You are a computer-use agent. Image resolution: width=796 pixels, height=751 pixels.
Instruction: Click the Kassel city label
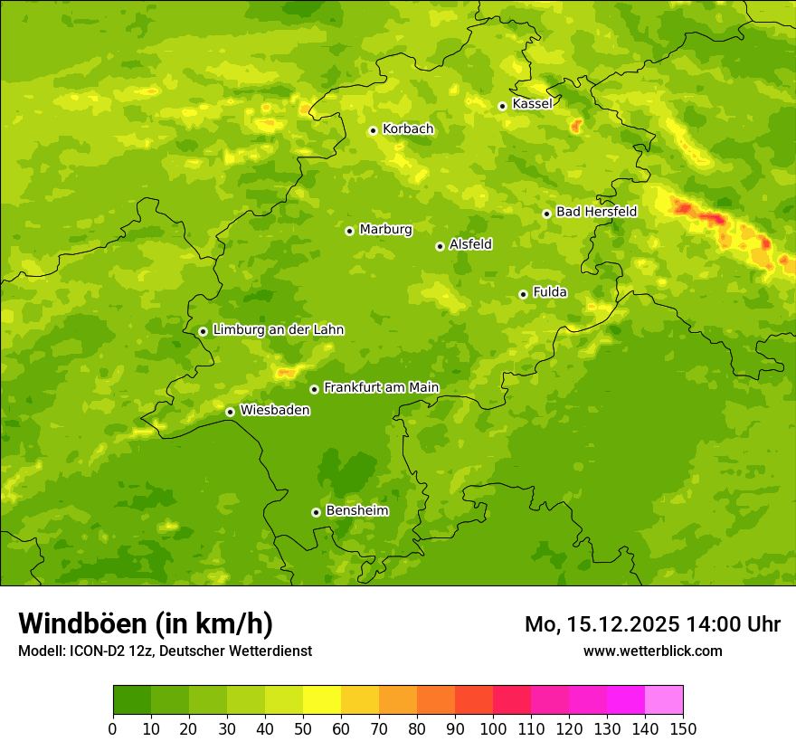pos(532,104)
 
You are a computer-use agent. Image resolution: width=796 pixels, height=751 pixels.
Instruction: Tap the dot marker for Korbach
pos(373,130)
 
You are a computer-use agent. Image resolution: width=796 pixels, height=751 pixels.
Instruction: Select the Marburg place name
pos(385,230)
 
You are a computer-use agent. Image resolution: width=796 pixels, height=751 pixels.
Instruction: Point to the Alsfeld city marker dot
pos(440,246)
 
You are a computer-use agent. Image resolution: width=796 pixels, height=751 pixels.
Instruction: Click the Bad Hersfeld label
pos(596,213)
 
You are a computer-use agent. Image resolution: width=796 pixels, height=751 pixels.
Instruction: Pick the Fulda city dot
pos(523,294)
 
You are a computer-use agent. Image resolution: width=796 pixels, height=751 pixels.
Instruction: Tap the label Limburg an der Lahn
pos(278,330)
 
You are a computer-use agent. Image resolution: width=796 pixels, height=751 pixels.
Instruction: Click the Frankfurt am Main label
pos(381,388)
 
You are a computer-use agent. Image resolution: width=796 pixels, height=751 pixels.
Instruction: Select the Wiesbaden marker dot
pos(230,412)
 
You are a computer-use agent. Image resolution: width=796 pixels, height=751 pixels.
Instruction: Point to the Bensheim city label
pos(356,511)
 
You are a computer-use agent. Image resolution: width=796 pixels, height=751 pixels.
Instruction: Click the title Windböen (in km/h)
pos(146,624)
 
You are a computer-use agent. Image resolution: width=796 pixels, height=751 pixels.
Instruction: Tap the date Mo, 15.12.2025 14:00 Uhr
pos(652,624)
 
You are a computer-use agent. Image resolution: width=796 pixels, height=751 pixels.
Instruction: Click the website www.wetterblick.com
pos(652,651)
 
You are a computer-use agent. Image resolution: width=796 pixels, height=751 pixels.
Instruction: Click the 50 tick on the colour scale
pos(303,728)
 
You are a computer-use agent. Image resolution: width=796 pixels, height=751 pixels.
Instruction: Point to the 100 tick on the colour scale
pos(493,728)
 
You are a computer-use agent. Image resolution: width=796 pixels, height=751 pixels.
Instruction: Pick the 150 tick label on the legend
pos(683,728)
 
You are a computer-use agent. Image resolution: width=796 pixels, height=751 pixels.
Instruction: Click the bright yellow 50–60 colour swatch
pos(322,699)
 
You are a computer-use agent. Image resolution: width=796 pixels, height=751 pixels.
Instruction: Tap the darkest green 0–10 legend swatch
pos(132,699)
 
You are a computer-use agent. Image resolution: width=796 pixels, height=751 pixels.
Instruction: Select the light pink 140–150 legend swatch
pos(664,699)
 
